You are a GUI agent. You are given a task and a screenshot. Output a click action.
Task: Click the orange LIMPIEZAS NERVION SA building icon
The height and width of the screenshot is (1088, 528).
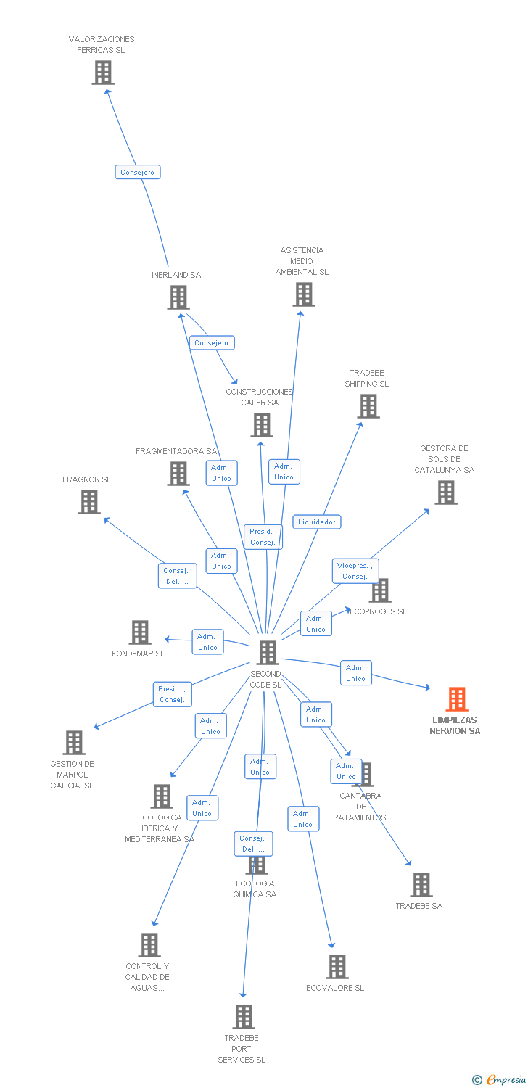click(456, 699)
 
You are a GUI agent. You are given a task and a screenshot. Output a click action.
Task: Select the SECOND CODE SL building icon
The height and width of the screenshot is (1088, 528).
click(268, 653)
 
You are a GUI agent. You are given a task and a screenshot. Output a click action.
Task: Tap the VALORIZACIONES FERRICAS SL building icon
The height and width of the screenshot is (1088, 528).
click(103, 73)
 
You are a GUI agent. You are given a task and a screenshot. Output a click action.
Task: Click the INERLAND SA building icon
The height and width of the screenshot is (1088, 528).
click(178, 297)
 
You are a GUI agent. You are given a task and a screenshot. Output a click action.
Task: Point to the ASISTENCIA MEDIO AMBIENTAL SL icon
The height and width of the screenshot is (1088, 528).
click(304, 294)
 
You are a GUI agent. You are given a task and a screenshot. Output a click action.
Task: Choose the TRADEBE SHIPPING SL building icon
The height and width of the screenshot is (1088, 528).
click(368, 406)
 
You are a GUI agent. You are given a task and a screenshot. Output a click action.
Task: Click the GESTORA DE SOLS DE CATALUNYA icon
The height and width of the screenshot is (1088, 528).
click(445, 493)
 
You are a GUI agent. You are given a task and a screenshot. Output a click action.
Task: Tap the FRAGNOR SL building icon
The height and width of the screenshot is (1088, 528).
click(89, 502)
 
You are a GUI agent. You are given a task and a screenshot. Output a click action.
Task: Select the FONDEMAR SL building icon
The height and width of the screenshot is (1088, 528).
click(140, 632)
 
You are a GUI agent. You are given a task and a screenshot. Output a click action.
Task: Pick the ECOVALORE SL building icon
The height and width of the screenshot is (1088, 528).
click(337, 967)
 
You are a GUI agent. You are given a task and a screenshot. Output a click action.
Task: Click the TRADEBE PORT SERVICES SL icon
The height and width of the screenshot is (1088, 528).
click(244, 1017)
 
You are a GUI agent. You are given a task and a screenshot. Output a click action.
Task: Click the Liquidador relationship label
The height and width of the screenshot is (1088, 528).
click(317, 522)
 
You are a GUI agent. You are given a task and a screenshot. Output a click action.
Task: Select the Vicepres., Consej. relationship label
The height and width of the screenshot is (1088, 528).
click(355, 571)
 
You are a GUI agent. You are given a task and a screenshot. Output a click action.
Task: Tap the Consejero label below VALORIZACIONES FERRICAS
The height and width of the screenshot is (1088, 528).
click(137, 172)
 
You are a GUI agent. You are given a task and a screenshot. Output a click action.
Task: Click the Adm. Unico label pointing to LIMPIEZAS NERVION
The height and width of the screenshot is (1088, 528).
click(355, 673)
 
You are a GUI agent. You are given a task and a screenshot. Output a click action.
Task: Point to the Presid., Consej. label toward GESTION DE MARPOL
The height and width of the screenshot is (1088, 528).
click(172, 694)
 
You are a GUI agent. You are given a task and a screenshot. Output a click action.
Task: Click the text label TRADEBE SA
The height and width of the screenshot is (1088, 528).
click(418, 906)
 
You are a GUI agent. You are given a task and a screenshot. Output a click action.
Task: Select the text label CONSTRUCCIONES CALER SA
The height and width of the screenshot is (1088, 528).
click(260, 397)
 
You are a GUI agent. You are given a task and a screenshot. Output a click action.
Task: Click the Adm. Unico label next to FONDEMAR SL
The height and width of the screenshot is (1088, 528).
click(207, 642)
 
